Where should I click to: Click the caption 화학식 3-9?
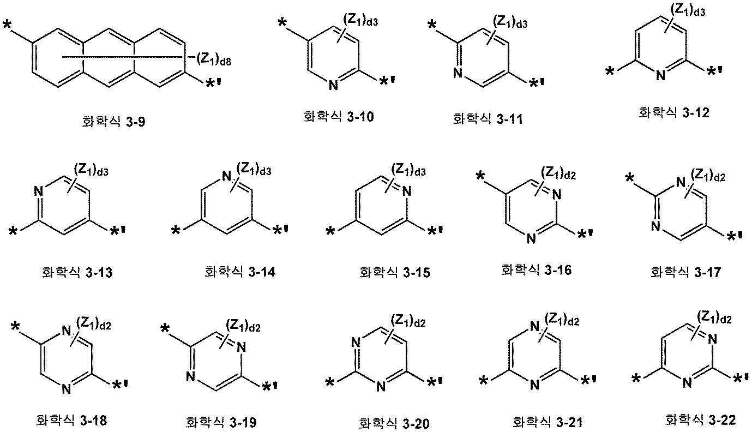coord(113,121)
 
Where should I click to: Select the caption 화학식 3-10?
coord(338,117)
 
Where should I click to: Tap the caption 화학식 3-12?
coord(673,112)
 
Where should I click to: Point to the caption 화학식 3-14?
coord(240,272)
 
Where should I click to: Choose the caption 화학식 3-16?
coord(536,270)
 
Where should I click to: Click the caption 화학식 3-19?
coord(221,422)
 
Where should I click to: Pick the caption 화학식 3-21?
coord(547,422)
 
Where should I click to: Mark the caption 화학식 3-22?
coord(700,419)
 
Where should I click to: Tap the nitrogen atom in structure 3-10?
coord(333,85)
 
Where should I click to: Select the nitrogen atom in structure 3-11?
coord(457,73)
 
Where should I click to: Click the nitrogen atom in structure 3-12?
coord(660,75)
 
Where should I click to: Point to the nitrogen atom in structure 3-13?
coord(39,191)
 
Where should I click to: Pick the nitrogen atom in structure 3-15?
coord(407,191)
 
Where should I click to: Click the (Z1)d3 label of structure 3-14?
coord(254,169)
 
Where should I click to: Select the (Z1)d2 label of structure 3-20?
coord(408,321)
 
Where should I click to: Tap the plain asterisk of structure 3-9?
coord(8,26)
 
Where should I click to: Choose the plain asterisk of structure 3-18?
coord(15,327)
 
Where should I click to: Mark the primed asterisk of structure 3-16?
coord(585,235)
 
